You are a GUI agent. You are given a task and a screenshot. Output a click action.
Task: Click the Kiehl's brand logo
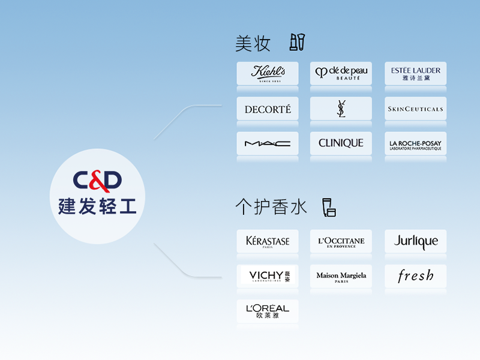(x=268, y=73)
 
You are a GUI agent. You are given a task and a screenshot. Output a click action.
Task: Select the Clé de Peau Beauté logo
(x=341, y=73)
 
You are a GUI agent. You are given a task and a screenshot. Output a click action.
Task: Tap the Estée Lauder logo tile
(x=415, y=73)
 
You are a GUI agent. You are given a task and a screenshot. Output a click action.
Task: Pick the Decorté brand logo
(x=268, y=109)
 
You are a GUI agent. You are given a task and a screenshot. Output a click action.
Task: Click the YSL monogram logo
(x=341, y=109)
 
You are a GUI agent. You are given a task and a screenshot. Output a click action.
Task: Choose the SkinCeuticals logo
(x=415, y=109)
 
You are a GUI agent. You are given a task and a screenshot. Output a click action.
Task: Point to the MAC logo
(x=268, y=143)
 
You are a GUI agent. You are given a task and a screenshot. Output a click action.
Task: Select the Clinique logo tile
(x=341, y=143)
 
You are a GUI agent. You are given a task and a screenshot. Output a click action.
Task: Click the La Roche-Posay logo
(x=415, y=143)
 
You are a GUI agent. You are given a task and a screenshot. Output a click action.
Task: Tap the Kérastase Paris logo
(x=268, y=241)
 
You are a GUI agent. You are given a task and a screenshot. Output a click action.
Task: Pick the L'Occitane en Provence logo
(x=341, y=241)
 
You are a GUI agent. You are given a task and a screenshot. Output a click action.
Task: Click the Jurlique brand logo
(x=415, y=241)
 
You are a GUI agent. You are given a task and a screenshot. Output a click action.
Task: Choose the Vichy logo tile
(x=268, y=276)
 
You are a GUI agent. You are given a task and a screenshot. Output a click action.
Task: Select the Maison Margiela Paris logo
(x=341, y=276)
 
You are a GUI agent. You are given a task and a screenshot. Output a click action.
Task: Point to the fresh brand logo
(x=415, y=276)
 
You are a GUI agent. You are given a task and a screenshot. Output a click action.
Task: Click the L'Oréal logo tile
(x=268, y=311)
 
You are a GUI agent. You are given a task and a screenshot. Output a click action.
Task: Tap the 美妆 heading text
(x=253, y=44)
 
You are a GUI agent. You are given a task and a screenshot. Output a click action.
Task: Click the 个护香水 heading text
(x=271, y=207)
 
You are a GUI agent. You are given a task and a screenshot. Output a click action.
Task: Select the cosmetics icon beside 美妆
(x=297, y=42)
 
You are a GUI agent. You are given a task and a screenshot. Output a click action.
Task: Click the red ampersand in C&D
(x=97, y=180)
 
